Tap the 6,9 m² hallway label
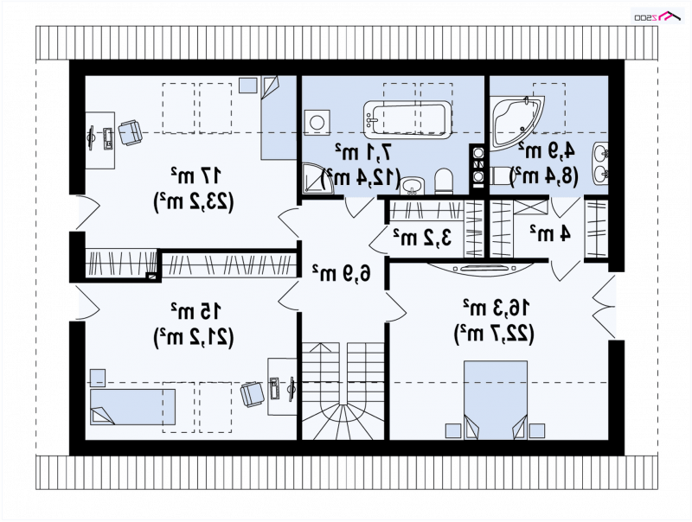point(341,273)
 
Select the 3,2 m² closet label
point(423,237)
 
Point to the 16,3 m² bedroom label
point(496,307)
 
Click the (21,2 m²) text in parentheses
point(193,338)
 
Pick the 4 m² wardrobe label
point(550,233)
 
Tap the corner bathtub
point(516,120)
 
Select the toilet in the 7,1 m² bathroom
point(444,181)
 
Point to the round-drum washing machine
point(317,122)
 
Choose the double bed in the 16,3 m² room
point(496,400)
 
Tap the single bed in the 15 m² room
point(133,406)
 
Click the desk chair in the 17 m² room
point(131,133)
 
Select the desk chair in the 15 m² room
point(253,394)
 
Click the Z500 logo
point(657,16)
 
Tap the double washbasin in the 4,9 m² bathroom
point(600,163)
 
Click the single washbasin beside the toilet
point(413,185)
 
